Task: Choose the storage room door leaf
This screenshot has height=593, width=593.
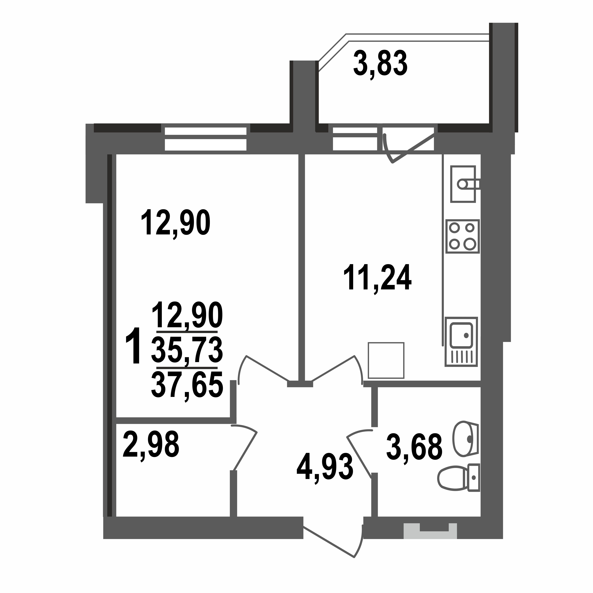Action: [x=245, y=451]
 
